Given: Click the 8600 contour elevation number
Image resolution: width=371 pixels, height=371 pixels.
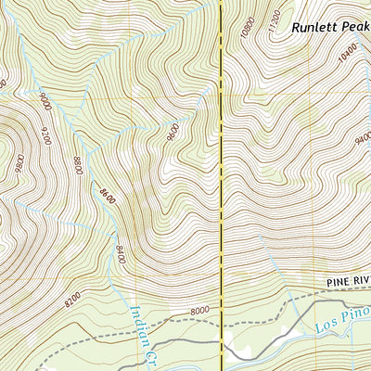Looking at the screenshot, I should pos(103,197).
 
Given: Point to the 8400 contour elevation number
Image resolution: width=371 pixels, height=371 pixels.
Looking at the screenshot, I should pos(119,252).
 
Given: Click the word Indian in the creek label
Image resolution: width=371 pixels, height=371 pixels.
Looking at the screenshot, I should pos(139,324).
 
